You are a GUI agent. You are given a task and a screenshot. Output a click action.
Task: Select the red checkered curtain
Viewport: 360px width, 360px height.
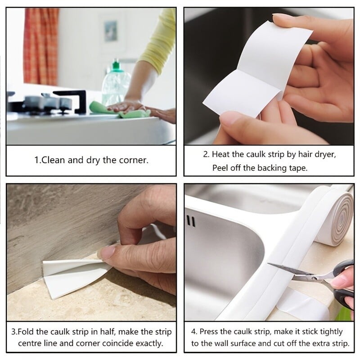point(41,46)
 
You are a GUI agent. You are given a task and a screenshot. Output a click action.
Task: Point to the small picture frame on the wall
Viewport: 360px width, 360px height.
point(111,31)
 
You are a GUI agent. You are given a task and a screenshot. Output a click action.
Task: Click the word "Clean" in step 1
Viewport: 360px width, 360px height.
point(53,160)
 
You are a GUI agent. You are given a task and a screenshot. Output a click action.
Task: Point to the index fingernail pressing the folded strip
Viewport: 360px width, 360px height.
point(107,252)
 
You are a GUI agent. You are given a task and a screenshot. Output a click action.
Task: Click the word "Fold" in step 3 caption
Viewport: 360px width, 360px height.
point(26,332)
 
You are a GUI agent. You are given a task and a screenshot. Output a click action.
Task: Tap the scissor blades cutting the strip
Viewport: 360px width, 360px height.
point(296,273)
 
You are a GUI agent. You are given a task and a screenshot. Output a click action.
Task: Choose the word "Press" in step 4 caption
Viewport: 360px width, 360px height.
point(209,332)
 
